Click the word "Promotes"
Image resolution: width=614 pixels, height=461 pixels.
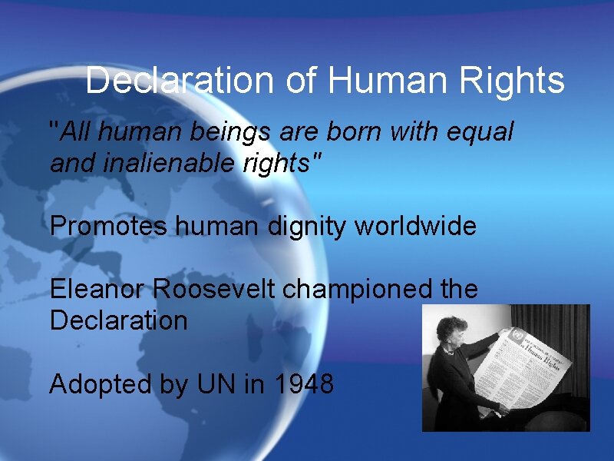tap(108, 227)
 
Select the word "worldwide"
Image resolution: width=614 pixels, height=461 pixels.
tap(416, 227)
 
